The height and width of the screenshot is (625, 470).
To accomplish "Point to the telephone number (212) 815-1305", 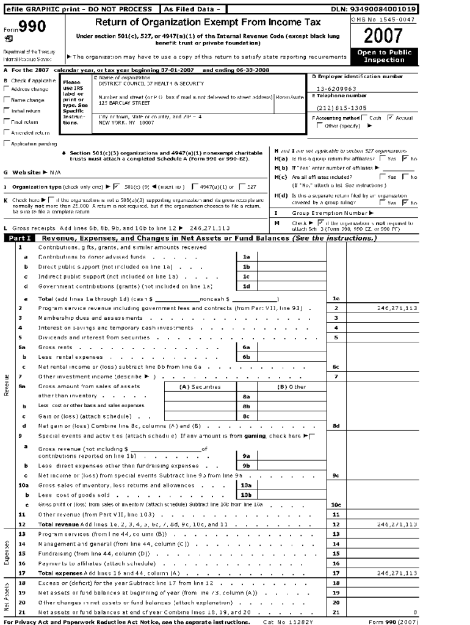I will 342,107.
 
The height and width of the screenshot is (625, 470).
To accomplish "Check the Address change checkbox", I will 7,89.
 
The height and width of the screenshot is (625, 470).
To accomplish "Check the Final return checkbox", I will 7,121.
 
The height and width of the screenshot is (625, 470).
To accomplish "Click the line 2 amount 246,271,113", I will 397,308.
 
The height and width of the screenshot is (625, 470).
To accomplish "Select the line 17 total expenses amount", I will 397,573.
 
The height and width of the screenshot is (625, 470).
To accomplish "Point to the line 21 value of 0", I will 415,612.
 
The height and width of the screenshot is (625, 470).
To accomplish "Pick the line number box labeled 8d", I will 336,425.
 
